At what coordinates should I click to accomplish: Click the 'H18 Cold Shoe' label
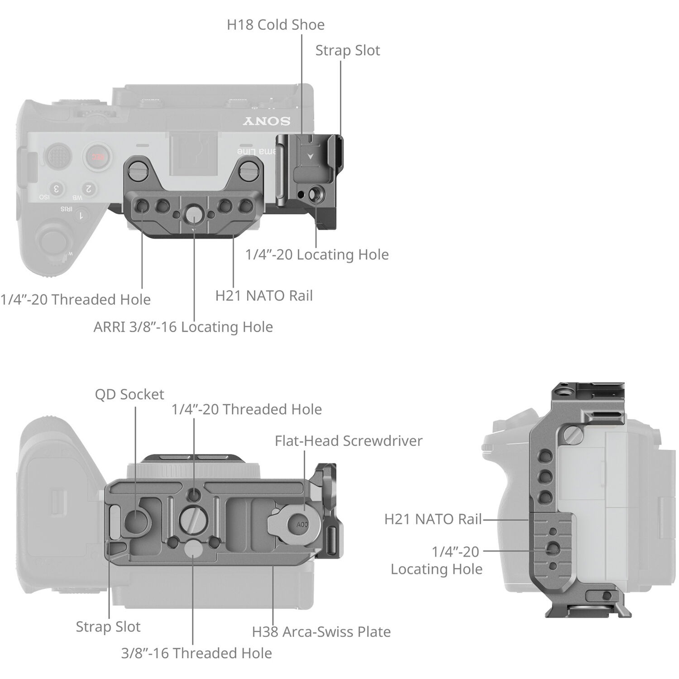tap(275, 24)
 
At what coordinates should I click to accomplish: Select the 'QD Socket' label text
tap(129, 394)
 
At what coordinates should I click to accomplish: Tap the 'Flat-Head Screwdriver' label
tap(349, 440)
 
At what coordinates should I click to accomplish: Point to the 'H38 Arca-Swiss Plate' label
tap(321, 631)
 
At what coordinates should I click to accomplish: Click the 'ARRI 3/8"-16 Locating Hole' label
tap(183, 327)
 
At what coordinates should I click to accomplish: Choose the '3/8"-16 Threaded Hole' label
tap(196, 653)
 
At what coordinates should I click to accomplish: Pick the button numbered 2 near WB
tap(89, 188)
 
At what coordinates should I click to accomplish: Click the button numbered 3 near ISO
tap(56, 188)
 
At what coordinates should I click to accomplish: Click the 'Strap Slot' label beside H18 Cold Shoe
tap(347, 50)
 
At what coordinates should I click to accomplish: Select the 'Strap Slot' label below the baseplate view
tap(108, 626)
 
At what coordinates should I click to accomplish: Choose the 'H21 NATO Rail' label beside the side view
tap(433, 519)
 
